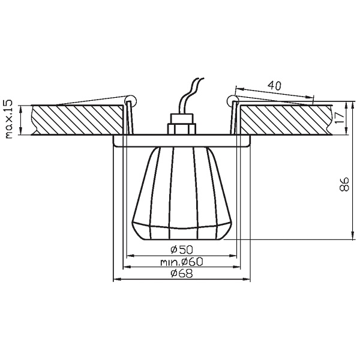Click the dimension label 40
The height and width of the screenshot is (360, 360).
tap(274, 86)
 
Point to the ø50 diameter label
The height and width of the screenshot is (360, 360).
tap(180, 249)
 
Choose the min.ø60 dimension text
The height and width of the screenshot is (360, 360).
tap(182, 262)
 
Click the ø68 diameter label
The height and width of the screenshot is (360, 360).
tap(181, 274)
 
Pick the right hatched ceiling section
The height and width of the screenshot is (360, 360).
tap(285, 120)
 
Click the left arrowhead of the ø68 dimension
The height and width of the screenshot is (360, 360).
tap(116, 280)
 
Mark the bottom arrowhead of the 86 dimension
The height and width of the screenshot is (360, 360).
tap(351, 236)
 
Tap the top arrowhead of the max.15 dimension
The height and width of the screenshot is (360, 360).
tap(22, 109)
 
